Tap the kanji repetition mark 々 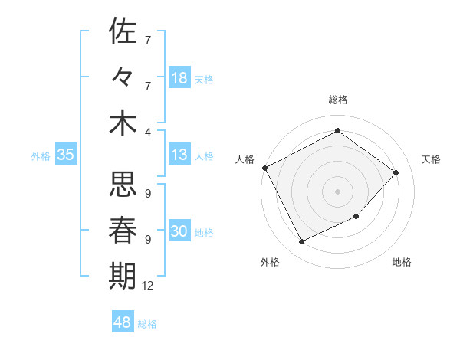[x=123, y=77]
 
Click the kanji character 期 [x=123, y=277]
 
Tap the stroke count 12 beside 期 [x=148, y=286]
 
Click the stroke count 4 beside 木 [x=148, y=131]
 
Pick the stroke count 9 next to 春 [x=148, y=239]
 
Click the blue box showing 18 [x=179, y=78]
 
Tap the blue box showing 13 [x=179, y=155]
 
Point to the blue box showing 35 [x=66, y=155]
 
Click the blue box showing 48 [x=123, y=322]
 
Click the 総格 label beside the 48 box [x=147, y=324]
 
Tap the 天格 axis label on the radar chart [x=431, y=159]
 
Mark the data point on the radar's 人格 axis [x=265, y=168]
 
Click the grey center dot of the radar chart [x=337, y=191]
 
